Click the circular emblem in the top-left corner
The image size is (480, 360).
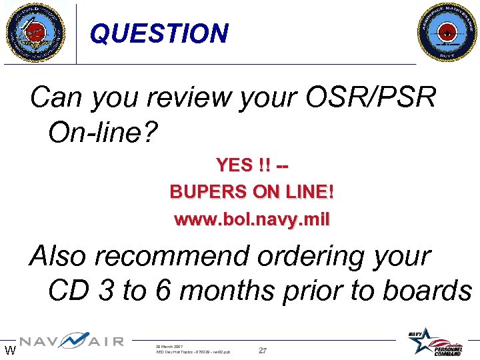(x=35, y=32)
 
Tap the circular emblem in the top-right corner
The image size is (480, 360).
(x=447, y=32)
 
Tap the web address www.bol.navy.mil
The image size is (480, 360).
(x=252, y=219)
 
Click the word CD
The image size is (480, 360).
(x=67, y=291)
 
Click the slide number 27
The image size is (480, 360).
(x=262, y=351)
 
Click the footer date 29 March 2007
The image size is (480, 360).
(x=169, y=347)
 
